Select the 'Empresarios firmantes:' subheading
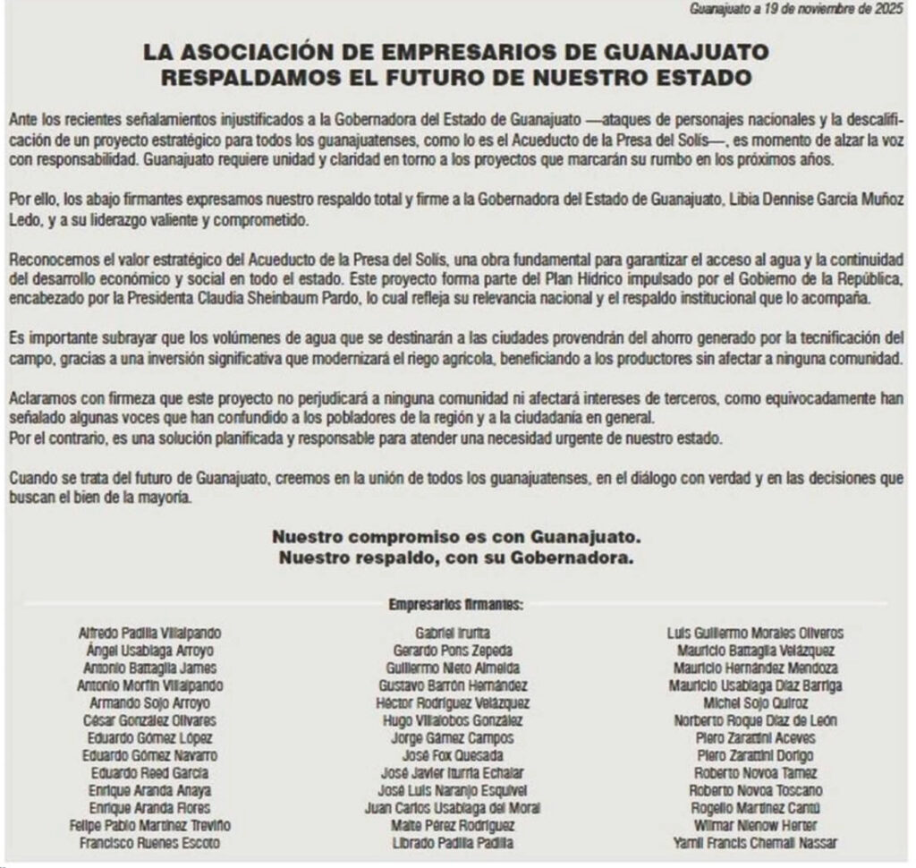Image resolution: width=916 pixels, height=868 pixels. point(456,605)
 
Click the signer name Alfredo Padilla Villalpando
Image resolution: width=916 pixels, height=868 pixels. point(150,634)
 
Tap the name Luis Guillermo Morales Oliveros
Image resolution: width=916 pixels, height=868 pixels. point(755,634)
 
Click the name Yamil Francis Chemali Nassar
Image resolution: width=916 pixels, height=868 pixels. point(755,843)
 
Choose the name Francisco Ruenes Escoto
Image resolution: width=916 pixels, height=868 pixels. point(150,843)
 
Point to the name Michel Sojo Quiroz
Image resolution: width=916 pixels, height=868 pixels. point(755,703)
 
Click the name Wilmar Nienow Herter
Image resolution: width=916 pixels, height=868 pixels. point(755,825)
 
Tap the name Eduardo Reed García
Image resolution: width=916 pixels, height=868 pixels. point(150,773)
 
